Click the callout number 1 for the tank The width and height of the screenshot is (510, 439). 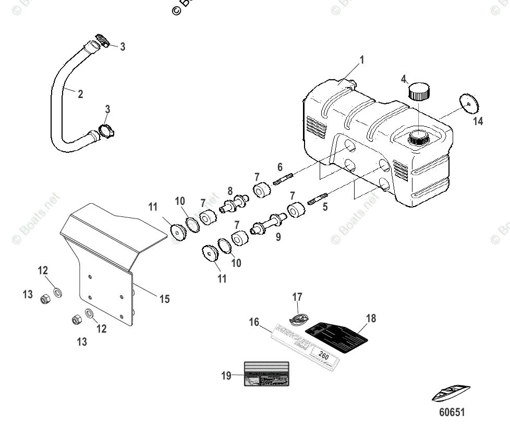click(361, 60)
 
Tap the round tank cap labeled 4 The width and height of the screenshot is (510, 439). click(419, 91)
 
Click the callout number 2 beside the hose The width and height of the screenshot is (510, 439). click(80, 94)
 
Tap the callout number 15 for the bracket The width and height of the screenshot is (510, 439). click(164, 299)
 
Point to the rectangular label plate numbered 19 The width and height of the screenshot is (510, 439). click(266, 375)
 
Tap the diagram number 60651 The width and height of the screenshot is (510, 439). click(451, 412)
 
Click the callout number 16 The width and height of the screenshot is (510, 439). click(254, 323)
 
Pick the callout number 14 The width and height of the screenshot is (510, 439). click(478, 121)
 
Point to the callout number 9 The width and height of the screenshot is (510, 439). click(278, 237)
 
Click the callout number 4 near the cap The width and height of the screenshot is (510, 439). click(403, 79)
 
